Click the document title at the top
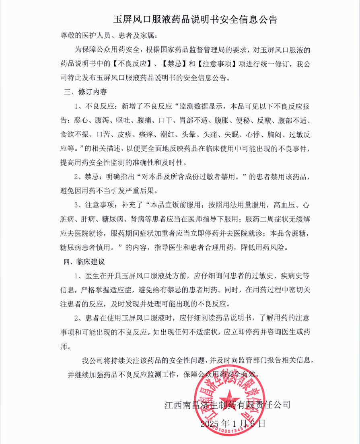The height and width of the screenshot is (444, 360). tap(195, 19)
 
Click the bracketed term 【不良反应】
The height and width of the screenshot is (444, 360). tap(136, 64)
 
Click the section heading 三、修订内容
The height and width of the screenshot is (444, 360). tap(86, 92)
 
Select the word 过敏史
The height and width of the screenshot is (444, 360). tap(263, 275)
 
